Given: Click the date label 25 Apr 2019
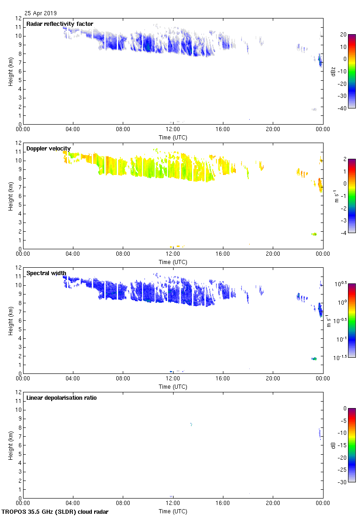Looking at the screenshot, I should point(41,13).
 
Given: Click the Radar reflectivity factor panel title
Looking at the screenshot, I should point(60,24).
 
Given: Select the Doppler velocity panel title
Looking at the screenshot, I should point(48,149).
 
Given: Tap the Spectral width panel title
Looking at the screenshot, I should point(46,273).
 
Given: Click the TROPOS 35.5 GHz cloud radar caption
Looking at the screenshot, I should point(55,511).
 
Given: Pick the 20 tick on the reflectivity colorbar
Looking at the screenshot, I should point(344,35).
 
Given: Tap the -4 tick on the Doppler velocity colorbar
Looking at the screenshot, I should point(343,233).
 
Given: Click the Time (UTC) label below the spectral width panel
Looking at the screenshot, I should point(173,386).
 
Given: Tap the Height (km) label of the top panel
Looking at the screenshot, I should point(10,71).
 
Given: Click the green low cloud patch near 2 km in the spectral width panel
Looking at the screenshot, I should point(314,359).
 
